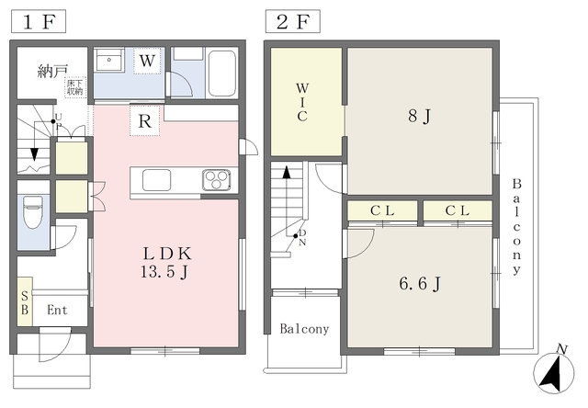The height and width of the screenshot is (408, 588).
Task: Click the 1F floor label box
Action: click(x=39, y=22)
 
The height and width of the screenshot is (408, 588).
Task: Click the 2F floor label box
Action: click(x=293, y=22)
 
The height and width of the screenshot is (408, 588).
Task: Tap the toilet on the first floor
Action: click(x=33, y=211)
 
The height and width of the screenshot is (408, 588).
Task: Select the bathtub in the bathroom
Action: click(x=221, y=74)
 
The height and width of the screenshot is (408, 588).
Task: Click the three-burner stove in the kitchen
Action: click(x=217, y=180)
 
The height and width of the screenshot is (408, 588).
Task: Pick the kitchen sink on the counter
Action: click(x=157, y=180)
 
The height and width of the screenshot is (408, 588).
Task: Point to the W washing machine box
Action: click(x=147, y=61)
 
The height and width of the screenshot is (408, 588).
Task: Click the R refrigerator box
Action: click(x=145, y=120)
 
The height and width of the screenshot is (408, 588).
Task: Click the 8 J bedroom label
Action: click(x=420, y=116)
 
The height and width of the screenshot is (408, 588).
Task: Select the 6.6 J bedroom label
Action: click(x=420, y=284)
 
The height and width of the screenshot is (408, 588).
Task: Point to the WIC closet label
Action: click(x=302, y=102)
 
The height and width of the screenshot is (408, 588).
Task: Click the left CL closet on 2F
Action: click(x=382, y=210)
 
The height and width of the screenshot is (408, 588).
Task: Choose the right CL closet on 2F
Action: click(x=458, y=210)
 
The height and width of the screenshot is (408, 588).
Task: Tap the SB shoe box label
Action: click(x=25, y=303)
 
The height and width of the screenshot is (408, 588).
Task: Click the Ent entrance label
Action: click(x=57, y=310)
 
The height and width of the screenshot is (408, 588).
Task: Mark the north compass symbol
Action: click(x=553, y=371)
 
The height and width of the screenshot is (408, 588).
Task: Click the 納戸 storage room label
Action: click(x=52, y=72)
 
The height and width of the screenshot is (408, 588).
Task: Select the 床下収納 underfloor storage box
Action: click(x=75, y=87)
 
